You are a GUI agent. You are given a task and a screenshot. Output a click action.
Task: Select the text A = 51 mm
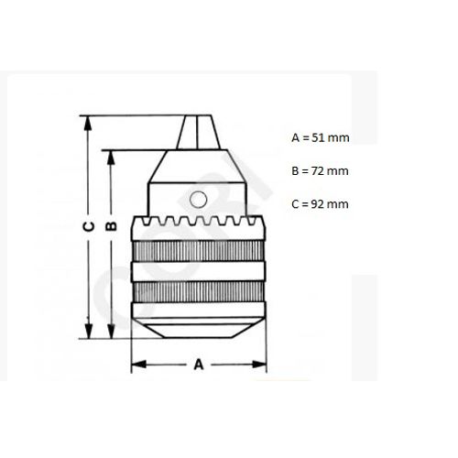[x=320, y=137]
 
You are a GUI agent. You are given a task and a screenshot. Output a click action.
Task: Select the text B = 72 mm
[x=320, y=170]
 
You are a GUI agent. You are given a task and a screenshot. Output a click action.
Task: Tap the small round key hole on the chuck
[x=199, y=199]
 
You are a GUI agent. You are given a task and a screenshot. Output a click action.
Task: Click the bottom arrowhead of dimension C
[x=88, y=333]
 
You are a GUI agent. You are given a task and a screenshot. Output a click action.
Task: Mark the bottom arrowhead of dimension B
[x=112, y=333]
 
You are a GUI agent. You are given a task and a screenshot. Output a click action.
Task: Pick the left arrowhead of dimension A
[x=136, y=364]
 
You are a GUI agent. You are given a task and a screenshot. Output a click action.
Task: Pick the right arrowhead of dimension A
[x=263, y=364]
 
